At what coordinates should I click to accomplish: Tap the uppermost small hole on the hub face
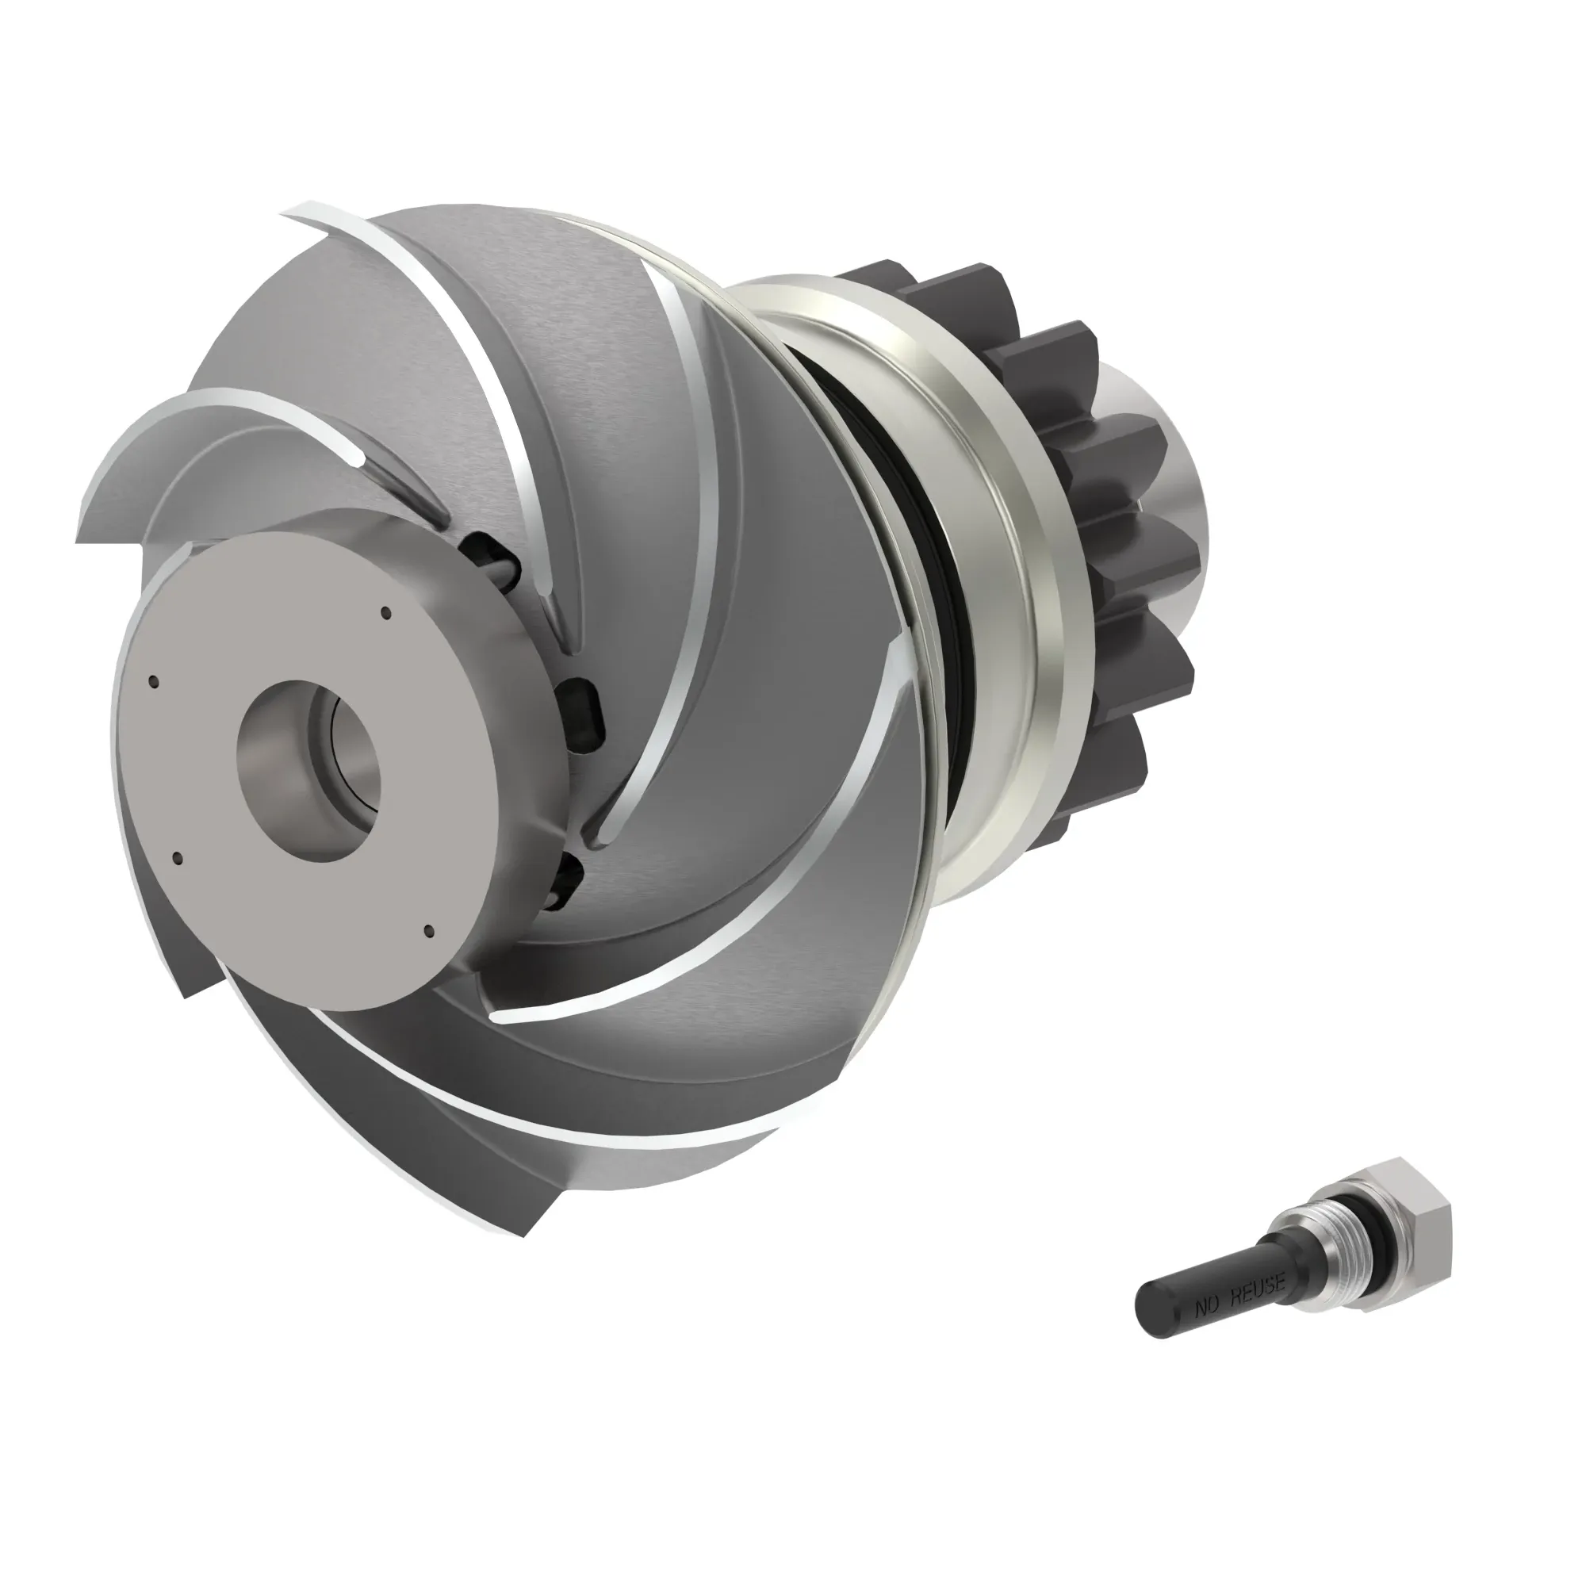pos(385,611)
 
